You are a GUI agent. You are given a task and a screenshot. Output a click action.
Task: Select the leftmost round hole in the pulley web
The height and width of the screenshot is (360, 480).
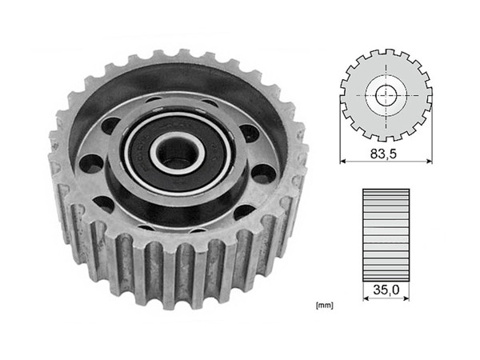click(x=92, y=164)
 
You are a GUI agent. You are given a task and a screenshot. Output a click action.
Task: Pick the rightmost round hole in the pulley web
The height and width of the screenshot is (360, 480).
click(x=262, y=171)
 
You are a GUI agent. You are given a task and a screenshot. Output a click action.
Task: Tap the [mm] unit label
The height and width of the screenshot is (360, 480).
click(x=324, y=305)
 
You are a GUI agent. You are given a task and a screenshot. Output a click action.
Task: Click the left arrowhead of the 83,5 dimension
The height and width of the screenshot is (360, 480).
click(x=344, y=160)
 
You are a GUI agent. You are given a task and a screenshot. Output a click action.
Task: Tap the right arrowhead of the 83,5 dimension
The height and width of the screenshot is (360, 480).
click(x=429, y=160)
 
